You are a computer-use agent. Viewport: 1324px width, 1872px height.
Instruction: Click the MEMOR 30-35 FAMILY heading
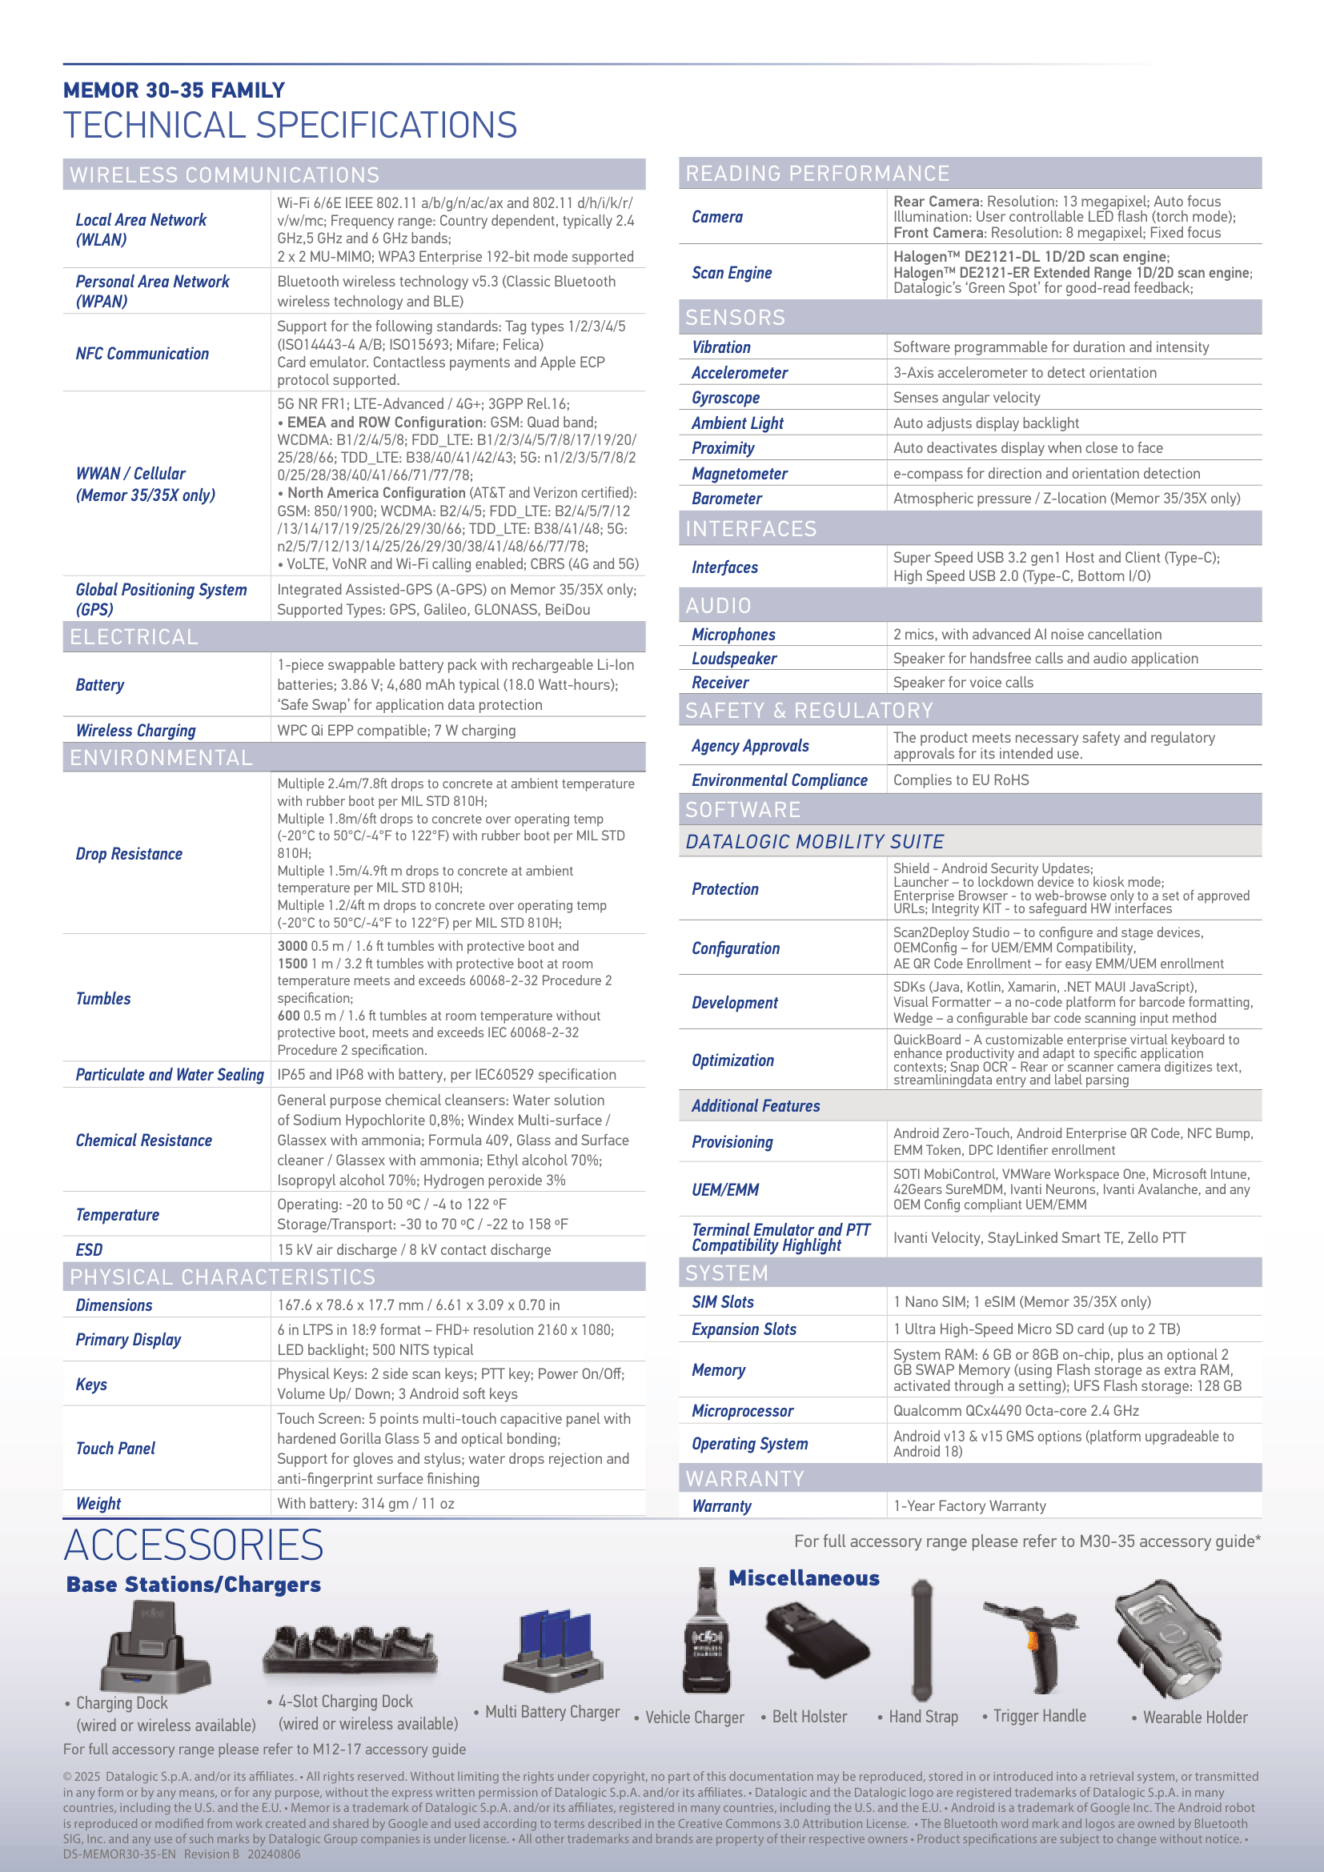(x=174, y=90)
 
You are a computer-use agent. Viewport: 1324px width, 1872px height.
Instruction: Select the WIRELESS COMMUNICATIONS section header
(x=224, y=175)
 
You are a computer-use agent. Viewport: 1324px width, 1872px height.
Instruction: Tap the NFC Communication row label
(x=142, y=354)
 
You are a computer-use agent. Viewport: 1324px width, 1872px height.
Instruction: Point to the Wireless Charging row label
(x=135, y=731)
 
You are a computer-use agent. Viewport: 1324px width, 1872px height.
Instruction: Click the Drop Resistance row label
(x=129, y=854)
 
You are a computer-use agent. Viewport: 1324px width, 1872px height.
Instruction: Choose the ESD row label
(x=89, y=1250)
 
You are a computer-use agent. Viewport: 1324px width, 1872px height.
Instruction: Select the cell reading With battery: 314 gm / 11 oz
(x=365, y=1504)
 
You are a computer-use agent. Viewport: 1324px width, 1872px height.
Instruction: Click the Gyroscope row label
(x=725, y=398)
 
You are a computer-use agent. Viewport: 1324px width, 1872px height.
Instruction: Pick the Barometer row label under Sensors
(x=726, y=498)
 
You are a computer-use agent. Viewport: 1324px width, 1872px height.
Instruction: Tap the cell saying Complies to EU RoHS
(x=961, y=780)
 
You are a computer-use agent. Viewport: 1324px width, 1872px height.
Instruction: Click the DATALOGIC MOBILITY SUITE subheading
(x=814, y=841)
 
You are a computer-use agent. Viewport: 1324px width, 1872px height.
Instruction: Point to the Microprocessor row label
(x=742, y=1411)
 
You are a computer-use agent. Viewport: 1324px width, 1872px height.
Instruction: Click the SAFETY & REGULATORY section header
(x=808, y=711)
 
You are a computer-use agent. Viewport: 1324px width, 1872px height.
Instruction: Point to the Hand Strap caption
(x=923, y=1717)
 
